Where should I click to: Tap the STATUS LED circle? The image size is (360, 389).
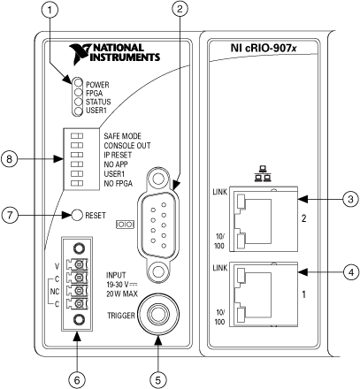click(x=78, y=102)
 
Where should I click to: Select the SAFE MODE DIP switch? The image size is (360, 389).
click(x=77, y=136)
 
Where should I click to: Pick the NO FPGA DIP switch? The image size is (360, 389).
click(x=77, y=183)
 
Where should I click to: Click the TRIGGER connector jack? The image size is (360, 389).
click(x=158, y=314)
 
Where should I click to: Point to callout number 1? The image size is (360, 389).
click(x=50, y=10)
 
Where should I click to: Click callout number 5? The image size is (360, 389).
click(x=158, y=380)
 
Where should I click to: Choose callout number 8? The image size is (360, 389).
click(x=9, y=159)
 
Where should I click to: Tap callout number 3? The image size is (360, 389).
click(x=350, y=199)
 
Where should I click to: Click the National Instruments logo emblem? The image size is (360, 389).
click(x=80, y=53)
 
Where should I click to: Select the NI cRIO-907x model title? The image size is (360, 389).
click(x=264, y=48)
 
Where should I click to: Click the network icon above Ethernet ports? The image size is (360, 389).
click(x=263, y=173)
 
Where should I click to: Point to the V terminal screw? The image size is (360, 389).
click(x=79, y=265)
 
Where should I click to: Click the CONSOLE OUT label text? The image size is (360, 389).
click(x=127, y=146)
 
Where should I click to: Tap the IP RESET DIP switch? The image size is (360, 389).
click(x=77, y=155)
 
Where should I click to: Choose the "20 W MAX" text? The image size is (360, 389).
click(x=122, y=294)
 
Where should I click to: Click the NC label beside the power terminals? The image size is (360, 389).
click(x=55, y=292)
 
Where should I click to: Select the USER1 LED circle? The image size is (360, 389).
click(x=78, y=111)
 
